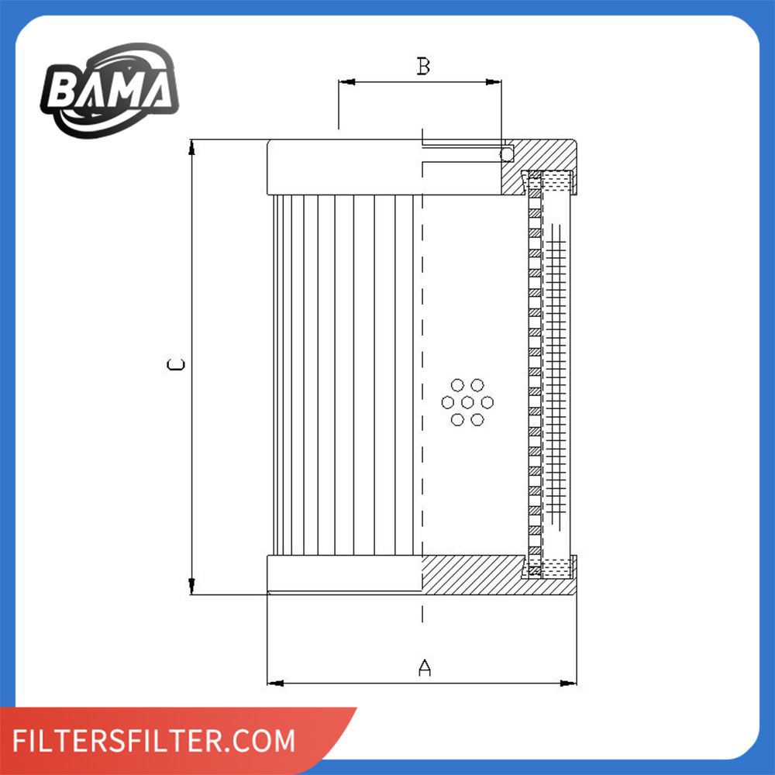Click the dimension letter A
[424, 667]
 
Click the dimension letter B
[423, 66]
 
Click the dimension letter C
[176, 365]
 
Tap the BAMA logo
[110, 90]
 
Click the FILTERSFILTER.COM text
[153, 740]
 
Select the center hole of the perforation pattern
[467, 402]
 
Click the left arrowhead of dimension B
[346, 82]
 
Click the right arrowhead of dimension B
[493, 82]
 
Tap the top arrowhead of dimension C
[191, 147]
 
